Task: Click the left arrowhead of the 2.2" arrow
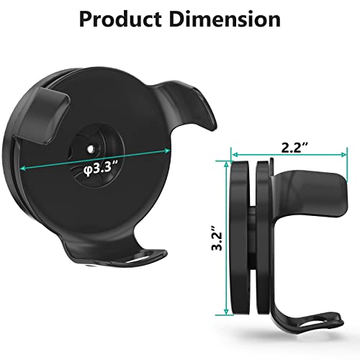(233, 153)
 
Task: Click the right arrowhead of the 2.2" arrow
(343, 153)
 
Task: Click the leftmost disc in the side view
(238, 238)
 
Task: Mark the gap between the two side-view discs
(249, 238)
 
